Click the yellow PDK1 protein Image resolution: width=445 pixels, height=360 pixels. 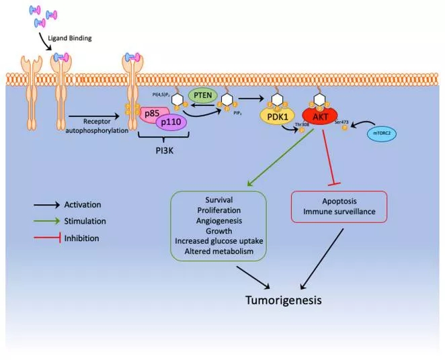point(277,116)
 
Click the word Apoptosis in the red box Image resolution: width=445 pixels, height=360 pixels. point(339,201)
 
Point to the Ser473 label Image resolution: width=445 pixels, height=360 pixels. point(341,122)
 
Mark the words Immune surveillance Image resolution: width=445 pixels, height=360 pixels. point(339,212)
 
